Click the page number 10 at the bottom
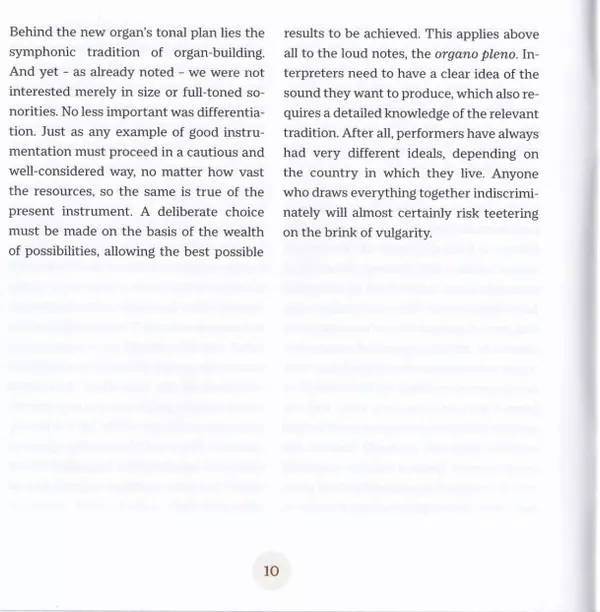pyautogui.click(x=270, y=572)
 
